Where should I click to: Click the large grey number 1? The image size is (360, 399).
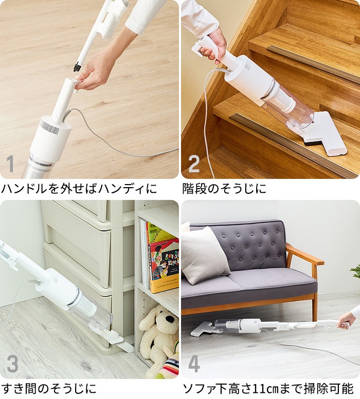click(10, 164)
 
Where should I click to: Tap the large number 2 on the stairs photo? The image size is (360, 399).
click(194, 164)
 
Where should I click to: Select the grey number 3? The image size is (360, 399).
click(12, 364)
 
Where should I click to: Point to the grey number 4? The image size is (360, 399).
click(194, 364)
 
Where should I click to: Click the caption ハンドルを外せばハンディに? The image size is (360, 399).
click(79, 189)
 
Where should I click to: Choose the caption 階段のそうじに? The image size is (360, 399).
click(224, 189)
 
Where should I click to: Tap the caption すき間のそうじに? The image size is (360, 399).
click(49, 389)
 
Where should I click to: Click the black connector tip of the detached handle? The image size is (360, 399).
click(77, 67)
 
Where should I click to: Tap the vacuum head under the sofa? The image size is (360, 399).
click(201, 328)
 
